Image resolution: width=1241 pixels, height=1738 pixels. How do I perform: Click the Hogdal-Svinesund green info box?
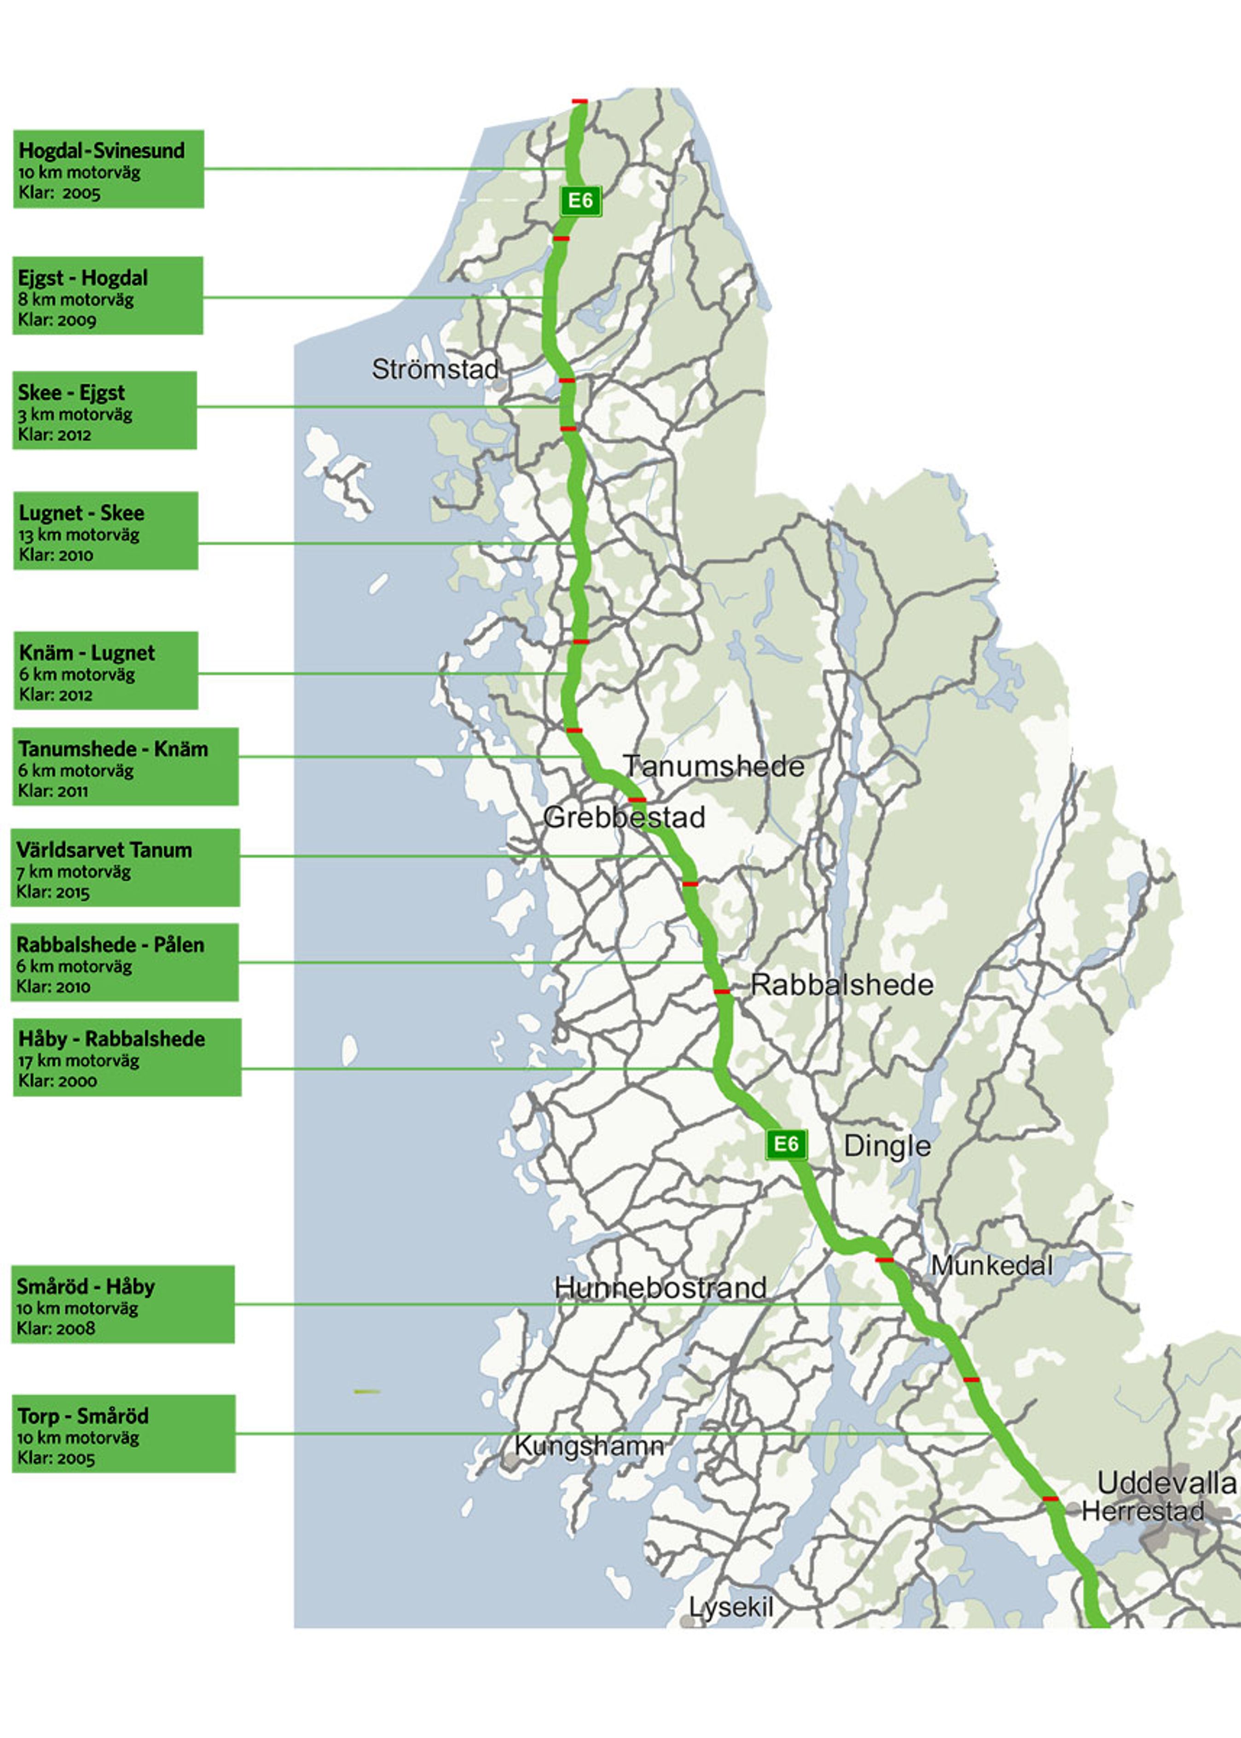tap(109, 169)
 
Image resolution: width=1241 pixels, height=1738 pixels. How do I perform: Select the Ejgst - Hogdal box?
tap(108, 296)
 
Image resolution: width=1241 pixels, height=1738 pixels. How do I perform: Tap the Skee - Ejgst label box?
tap(104, 410)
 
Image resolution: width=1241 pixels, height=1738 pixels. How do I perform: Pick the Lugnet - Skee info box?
tap(105, 530)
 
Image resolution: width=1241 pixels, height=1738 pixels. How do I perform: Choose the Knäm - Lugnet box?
tap(105, 670)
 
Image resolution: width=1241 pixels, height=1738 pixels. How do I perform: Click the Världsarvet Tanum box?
tap(125, 867)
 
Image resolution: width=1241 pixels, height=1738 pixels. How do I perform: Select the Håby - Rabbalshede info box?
tap(127, 1057)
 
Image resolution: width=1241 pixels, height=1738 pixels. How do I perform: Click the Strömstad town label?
tap(435, 370)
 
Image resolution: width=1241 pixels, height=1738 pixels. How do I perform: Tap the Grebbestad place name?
tap(624, 818)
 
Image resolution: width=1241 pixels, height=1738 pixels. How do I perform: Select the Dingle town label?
tap(887, 1146)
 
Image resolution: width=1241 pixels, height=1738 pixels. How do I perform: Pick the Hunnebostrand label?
tap(660, 1288)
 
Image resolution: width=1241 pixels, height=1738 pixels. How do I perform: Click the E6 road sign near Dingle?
tap(786, 1144)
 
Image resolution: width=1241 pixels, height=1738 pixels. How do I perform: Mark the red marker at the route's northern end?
tap(580, 101)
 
